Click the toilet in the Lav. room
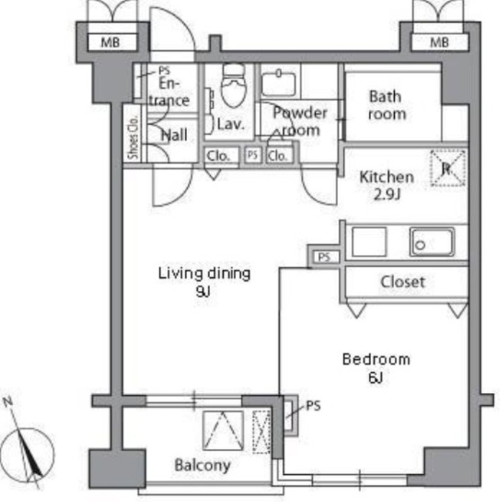click(x=234, y=85)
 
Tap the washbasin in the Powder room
click(x=278, y=84)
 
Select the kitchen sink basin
click(x=432, y=242)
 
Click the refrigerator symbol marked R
click(x=448, y=168)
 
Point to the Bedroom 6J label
click(x=376, y=368)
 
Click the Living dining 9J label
click(x=204, y=282)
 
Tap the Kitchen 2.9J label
click(x=386, y=185)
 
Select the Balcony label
click(x=202, y=465)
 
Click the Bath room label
click(x=386, y=105)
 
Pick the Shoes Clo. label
click(x=133, y=137)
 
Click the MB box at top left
click(x=111, y=42)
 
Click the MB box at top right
click(x=439, y=42)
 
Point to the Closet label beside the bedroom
click(x=403, y=282)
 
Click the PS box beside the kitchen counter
click(x=324, y=257)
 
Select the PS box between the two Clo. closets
click(x=253, y=155)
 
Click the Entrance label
click(x=170, y=92)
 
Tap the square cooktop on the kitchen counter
click(x=369, y=242)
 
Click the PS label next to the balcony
click(x=313, y=405)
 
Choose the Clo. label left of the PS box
click(x=219, y=156)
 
